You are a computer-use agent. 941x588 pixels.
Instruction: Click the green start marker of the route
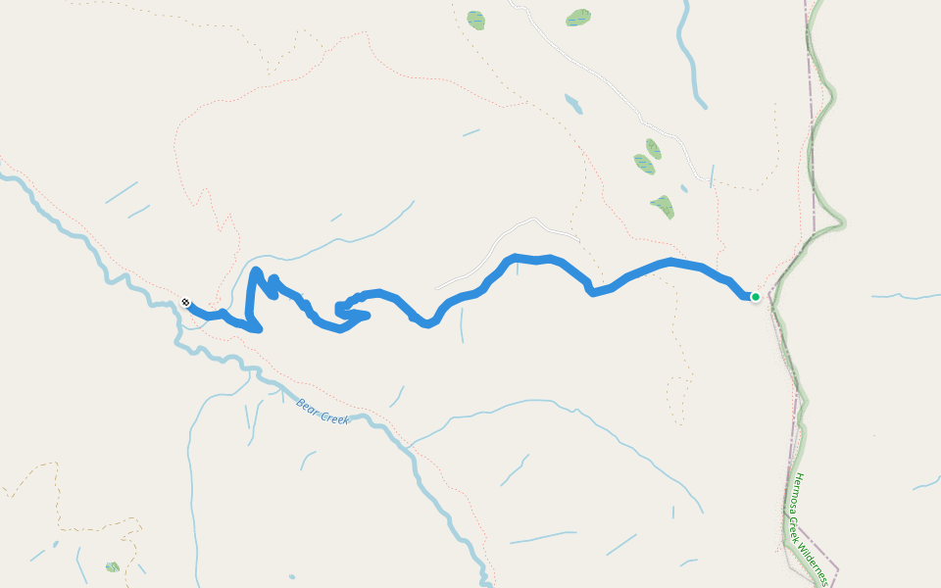coord(756,296)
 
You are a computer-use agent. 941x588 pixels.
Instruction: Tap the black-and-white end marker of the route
coord(185,303)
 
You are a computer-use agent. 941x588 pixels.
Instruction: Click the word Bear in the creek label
coord(308,406)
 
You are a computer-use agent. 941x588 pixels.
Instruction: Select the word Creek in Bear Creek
coord(334,418)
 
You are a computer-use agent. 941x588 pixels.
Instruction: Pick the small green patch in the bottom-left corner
coord(113,566)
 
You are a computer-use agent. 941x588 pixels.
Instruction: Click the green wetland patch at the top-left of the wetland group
coord(476,20)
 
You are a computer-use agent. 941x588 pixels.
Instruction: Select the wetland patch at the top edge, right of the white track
coord(579,17)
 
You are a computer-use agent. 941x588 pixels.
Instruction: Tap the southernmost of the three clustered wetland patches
coord(663,206)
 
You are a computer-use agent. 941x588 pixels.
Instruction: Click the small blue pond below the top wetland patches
coord(573,103)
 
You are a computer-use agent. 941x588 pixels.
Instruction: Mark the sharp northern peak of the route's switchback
coord(256,269)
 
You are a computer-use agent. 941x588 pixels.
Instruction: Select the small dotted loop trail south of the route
coord(677,398)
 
